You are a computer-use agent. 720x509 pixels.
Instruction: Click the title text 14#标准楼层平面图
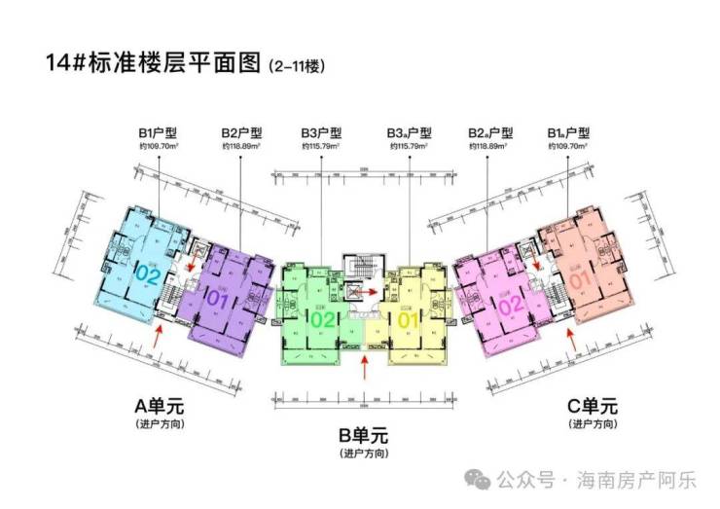[x=153, y=65]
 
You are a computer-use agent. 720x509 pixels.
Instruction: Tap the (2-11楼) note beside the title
[x=294, y=68]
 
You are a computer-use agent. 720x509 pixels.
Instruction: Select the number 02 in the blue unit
[x=148, y=274]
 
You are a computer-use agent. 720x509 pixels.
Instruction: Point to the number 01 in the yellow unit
[x=408, y=317]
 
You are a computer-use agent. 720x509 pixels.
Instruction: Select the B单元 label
[x=365, y=434]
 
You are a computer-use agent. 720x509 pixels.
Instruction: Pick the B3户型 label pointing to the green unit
[x=321, y=133]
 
